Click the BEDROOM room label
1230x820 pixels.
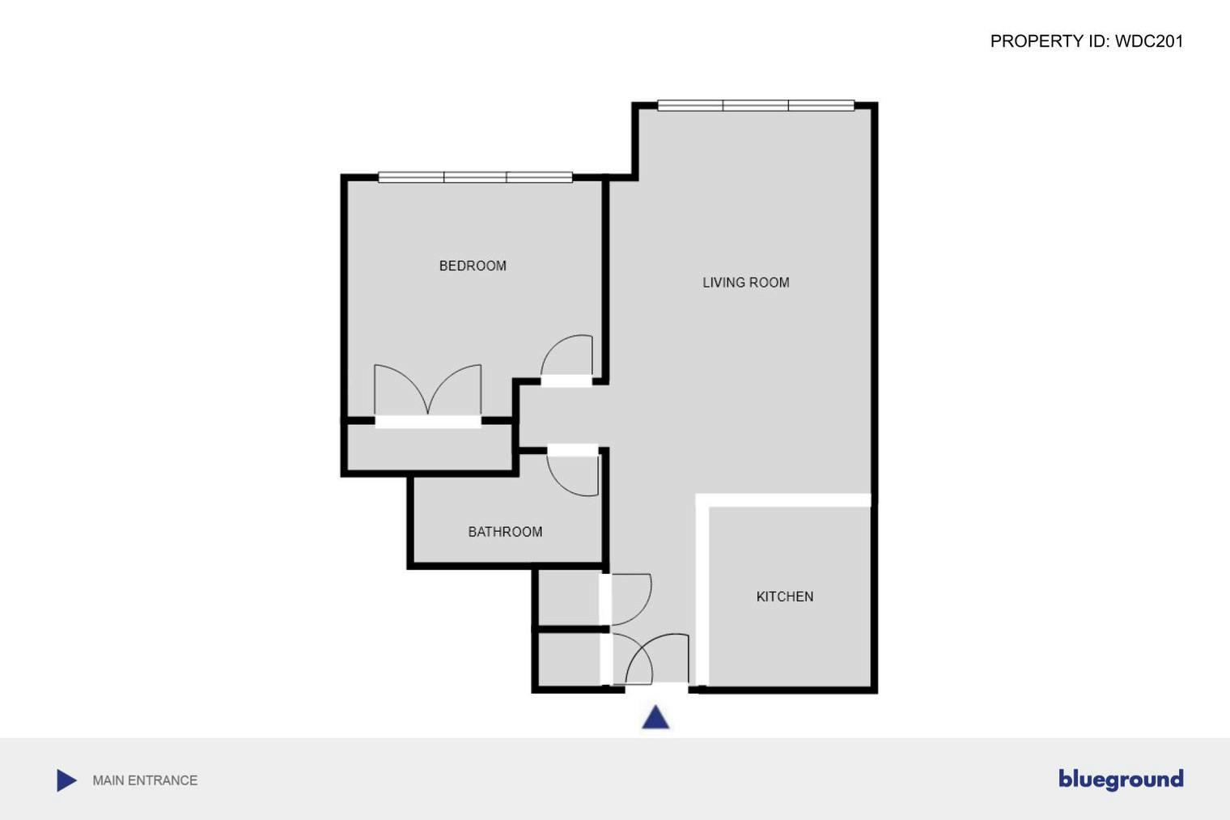(x=473, y=266)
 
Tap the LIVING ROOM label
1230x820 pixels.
(x=745, y=283)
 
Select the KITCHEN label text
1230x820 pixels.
(x=784, y=597)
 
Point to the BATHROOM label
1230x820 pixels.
(x=505, y=532)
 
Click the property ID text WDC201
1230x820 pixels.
(x=1086, y=41)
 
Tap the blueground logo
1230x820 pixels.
(x=1120, y=779)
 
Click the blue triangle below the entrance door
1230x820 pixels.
(x=655, y=718)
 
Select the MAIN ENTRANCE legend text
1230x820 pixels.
(x=145, y=780)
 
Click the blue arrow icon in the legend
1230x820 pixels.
(x=66, y=780)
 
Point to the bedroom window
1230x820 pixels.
(x=475, y=177)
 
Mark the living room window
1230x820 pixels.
(x=756, y=105)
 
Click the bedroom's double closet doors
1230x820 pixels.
(x=427, y=393)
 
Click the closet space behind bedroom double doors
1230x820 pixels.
(x=429, y=446)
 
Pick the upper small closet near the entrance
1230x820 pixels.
(x=567, y=598)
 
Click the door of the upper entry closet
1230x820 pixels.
(x=630, y=599)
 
